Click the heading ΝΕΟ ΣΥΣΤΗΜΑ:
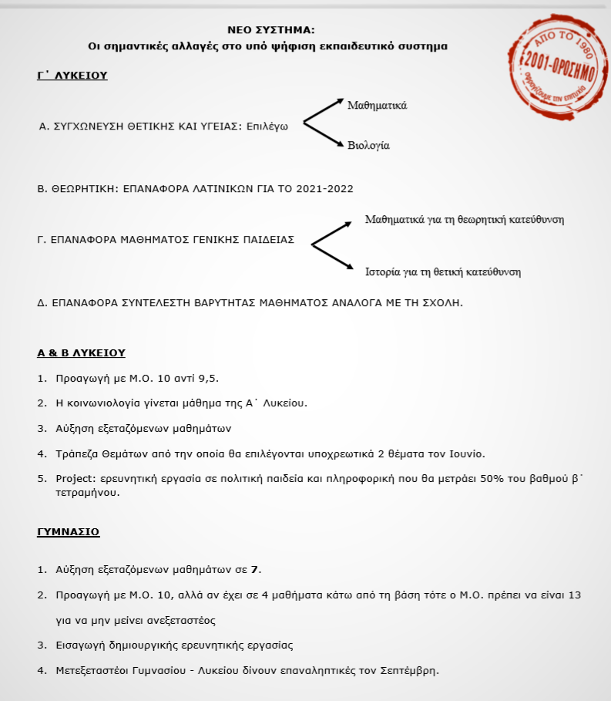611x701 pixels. (x=271, y=29)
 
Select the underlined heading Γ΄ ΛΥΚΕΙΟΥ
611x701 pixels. (x=72, y=76)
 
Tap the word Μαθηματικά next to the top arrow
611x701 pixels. (x=377, y=105)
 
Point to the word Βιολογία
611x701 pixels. (x=369, y=145)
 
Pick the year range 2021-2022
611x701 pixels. (x=320, y=187)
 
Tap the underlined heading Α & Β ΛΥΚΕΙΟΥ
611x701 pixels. (x=81, y=352)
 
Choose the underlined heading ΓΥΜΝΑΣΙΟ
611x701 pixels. (x=68, y=532)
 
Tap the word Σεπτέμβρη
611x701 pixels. (x=408, y=669)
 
